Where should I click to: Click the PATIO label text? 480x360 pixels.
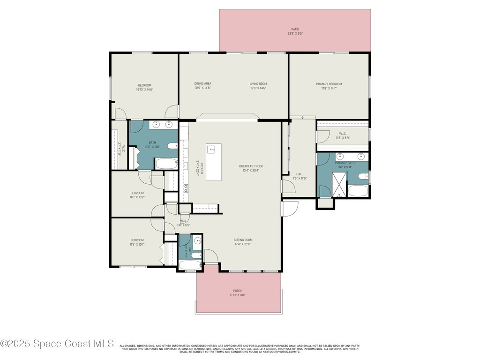(295, 29)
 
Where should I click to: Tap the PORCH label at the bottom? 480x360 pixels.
(238, 291)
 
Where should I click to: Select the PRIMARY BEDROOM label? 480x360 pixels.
(329, 84)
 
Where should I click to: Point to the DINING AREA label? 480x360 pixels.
(202, 83)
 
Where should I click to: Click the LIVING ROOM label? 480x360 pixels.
(258, 83)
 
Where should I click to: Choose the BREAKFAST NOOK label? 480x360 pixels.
(251, 166)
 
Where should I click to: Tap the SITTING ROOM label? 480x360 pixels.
(243, 240)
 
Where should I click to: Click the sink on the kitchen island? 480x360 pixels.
(211, 150)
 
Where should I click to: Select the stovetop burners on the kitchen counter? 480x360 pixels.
(186, 188)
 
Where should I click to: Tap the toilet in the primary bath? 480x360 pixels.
(362, 177)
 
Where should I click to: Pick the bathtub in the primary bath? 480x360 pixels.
(358, 191)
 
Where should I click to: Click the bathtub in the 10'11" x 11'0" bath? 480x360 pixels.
(166, 164)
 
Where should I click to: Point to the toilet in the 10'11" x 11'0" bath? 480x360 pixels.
(172, 145)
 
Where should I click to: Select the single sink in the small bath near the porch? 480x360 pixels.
(198, 241)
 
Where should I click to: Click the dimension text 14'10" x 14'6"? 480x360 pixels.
(144, 89)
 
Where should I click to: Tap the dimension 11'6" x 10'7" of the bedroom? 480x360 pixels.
(137, 244)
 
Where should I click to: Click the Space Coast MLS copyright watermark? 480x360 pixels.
(57, 344)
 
